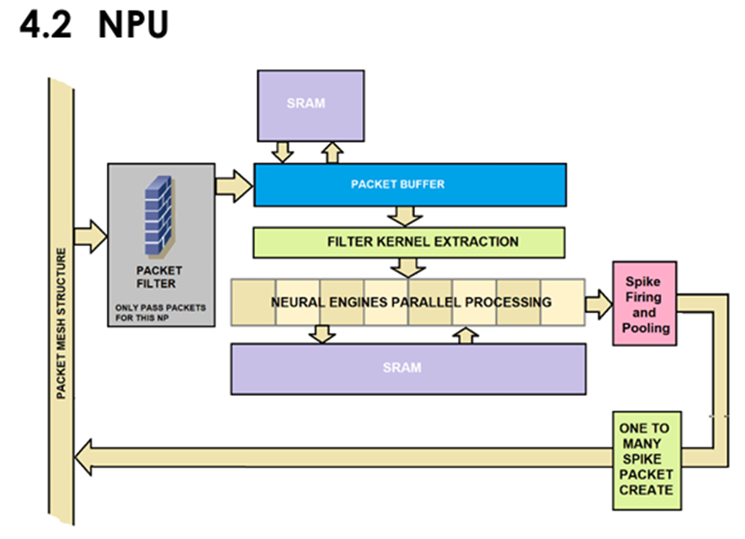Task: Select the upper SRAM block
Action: click(x=311, y=104)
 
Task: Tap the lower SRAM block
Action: click(x=408, y=368)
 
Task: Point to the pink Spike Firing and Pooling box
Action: click(x=643, y=303)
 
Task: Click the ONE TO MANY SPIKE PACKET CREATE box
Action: click(x=645, y=459)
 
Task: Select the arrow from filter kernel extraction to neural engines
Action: click(x=409, y=267)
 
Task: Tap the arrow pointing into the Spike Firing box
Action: click(x=599, y=303)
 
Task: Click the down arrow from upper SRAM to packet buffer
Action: click(x=283, y=152)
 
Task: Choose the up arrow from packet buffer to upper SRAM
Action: click(x=332, y=152)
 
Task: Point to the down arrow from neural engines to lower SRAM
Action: click(x=321, y=334)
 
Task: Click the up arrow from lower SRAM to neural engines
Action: click(x=464, y=334)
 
